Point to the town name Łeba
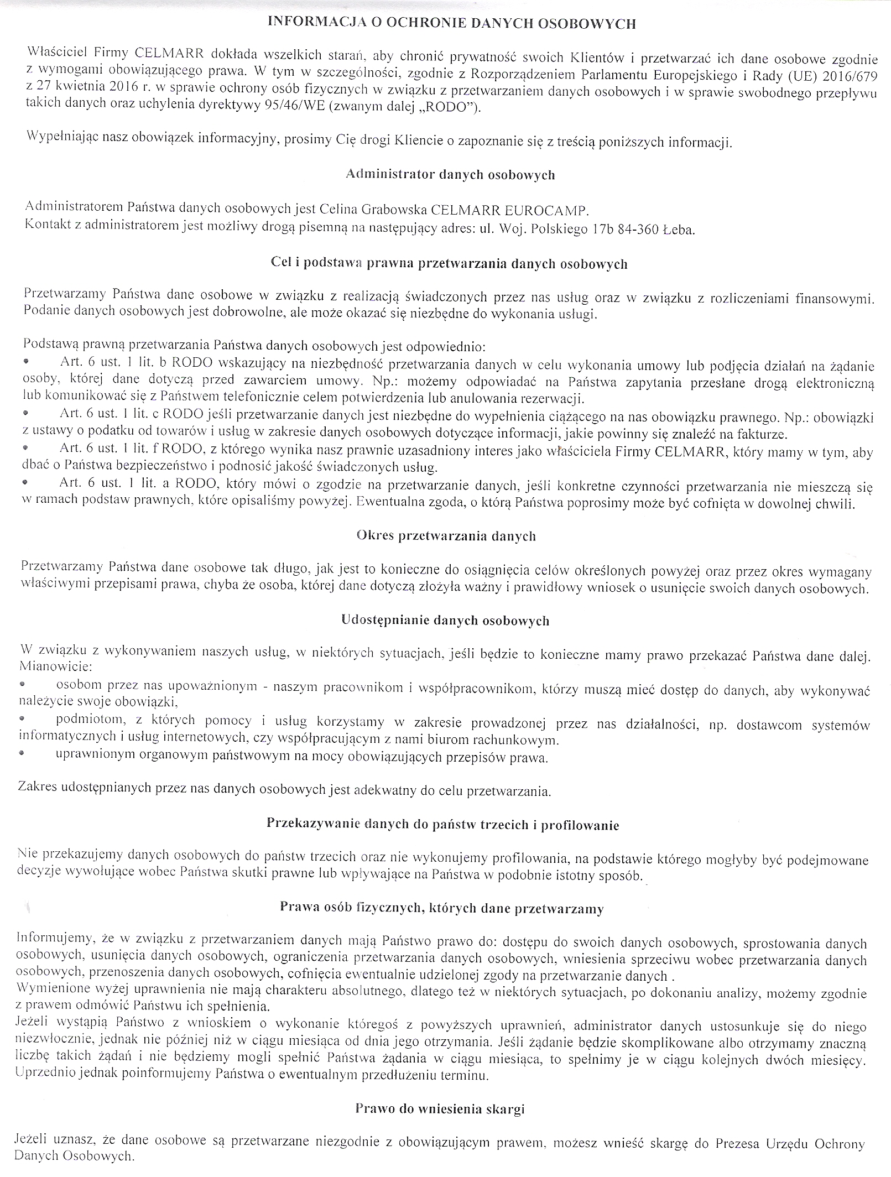tap(677, 229)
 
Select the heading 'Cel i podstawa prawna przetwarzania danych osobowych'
tap(450, 264)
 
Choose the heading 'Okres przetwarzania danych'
tap(446, 536)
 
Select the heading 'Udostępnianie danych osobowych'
tap(446, 621)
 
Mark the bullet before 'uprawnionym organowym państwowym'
tap(23, 754)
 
